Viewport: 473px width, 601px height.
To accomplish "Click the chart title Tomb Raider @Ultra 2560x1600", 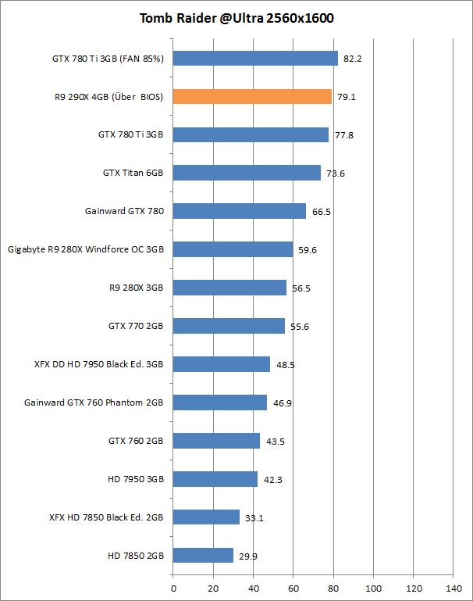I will (x=236, y=19).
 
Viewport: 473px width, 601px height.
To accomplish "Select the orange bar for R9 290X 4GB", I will (x=252, y=97).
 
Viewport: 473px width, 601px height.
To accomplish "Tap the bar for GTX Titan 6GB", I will (x=247, y=173).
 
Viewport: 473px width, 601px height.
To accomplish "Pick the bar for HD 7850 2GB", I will (x=203, y=556).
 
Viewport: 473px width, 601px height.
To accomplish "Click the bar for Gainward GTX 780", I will (x=239, y=211).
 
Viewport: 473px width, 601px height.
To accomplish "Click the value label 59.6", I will (x=307, y=250).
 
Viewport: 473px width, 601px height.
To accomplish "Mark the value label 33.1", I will (x=254, y=518).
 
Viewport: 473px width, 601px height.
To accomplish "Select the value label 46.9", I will (x=281, y=403).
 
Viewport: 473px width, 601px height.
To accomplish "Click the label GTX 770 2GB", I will (x=136, y=326).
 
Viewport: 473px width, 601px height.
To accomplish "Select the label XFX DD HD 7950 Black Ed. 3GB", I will (x=98, y=364).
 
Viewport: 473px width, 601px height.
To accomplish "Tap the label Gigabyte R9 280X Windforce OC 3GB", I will (x=85, y=249).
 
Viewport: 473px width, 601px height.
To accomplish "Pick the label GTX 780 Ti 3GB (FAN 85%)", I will (x=107, y=58).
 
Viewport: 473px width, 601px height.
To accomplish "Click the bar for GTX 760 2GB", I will (x=216, y=441).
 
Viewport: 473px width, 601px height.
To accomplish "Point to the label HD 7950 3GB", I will (x=135, y=479).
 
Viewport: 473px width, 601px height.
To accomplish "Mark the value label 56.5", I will (x=301, y=288).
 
